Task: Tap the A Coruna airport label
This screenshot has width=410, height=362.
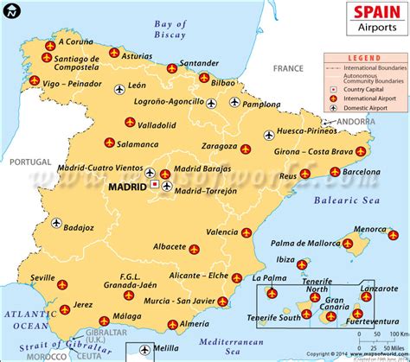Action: click(75, 40)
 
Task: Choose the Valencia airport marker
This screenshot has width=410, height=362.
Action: click(247, 232)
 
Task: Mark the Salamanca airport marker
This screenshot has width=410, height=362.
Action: click(108, 143)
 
